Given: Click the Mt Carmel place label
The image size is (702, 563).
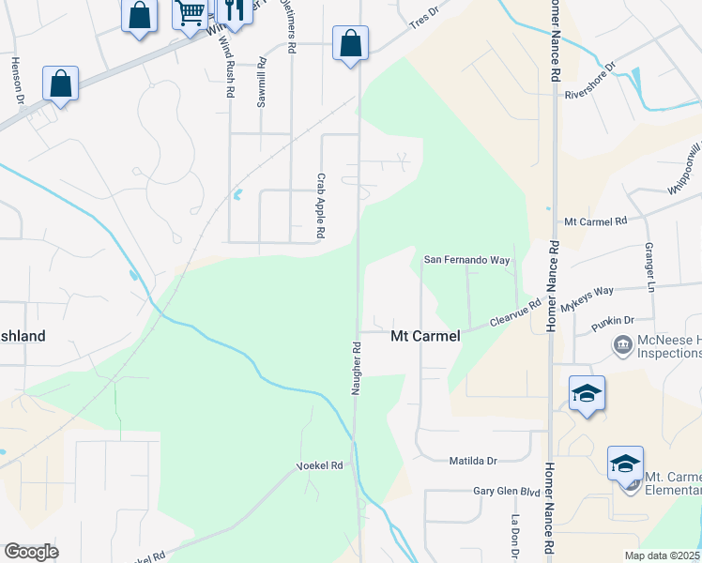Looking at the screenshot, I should pyautogui.click(x=425, y=336).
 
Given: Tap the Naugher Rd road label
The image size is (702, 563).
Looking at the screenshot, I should pyautogui.click(x=357, y=367).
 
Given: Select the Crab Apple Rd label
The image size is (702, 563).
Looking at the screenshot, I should pyautogui.click(x=320, y=205).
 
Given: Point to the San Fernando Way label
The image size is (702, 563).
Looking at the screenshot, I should pyautogui.click(x=466, y=259).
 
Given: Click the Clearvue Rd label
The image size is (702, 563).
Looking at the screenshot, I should pyautogui.click(x=516, y=312).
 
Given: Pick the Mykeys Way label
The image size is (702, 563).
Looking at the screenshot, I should pyautogui.click(x=587, y=299).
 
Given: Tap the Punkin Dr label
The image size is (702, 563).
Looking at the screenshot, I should pyautogui.click(x=613, y=324).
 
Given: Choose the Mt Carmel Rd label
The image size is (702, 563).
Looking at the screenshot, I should pyautogui.click(x=595, y=221).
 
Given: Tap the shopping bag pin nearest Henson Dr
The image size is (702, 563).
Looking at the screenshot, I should pyautogui.click(x=60, y=84).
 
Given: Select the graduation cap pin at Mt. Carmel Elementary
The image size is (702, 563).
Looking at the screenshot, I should pyautogui.click(x=625, y=464).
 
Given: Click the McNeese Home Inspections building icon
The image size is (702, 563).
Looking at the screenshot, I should pyautogui.click(x=622, y=346).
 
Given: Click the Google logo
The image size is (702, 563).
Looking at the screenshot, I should pyautogui.click(x=31, y=552).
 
